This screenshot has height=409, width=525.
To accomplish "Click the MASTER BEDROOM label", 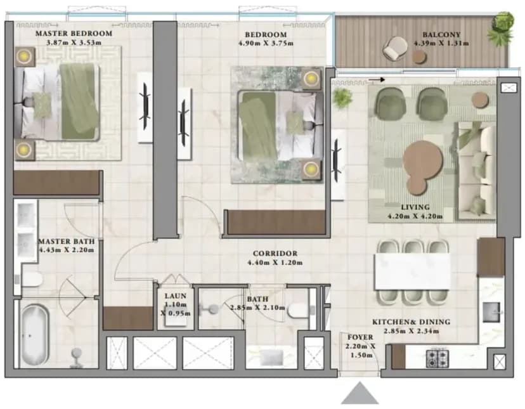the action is point(74,34).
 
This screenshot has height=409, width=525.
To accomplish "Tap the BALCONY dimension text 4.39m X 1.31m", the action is point(441,43).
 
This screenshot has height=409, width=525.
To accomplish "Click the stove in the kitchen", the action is point(437,358).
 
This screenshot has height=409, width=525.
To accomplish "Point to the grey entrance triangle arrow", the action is point(360,394).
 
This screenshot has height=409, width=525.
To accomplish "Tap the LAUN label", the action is point(176,296).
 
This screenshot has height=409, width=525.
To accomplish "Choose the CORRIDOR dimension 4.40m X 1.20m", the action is point(275,263).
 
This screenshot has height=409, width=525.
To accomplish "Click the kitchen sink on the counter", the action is point(491,312).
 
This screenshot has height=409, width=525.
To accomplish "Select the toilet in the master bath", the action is point(32,280).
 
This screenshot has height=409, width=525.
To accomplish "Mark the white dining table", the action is point(412,271).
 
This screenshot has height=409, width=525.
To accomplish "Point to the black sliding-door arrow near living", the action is point(377,80).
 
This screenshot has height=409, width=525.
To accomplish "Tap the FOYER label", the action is point(360,337).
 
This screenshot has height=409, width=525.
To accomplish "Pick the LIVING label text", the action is point(415,207).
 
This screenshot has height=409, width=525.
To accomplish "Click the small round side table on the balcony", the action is point(420,57).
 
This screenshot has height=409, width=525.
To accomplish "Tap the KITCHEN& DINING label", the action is point(411,322).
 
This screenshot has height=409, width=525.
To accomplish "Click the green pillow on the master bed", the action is point(42,105).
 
